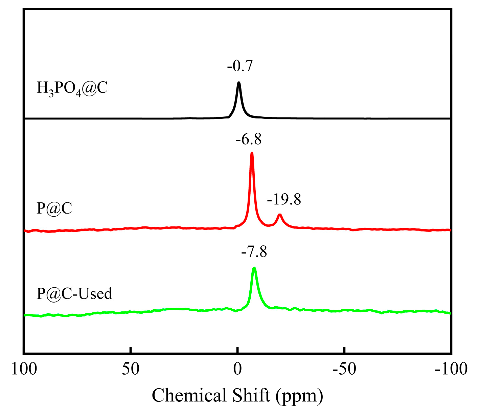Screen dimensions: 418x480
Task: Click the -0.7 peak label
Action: click(x=240, y=66)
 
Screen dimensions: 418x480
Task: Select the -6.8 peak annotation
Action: click(x=249, y=139)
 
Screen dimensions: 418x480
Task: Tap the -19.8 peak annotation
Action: click(x=284, y=199)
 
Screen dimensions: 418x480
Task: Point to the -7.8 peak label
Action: click(x=254, y=252)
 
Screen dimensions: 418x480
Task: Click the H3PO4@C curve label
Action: click(x=72, y=89)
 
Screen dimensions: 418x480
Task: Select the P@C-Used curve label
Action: click(x=74, y=293)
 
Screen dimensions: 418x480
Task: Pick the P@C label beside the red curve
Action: click(x=54, y=208)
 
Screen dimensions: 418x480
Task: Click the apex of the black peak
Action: click(x=239, y=83)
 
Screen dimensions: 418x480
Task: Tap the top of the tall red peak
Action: click(x=252, y=153)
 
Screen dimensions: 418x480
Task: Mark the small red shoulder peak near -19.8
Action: click(x=279, y=215)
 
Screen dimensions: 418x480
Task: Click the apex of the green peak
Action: click(x=254, y=268)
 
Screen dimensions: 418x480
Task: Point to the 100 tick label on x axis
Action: click(x=24, y=369)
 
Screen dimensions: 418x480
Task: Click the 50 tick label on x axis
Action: click(x=131, y=369)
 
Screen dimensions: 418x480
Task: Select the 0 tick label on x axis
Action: click(x=237, y=369)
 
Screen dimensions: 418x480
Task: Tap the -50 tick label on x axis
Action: click(x=344, y=369)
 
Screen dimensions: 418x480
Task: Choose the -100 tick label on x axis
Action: click(x=451, y=369)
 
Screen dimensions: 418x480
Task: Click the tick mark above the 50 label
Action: click(x=131, y=350)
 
